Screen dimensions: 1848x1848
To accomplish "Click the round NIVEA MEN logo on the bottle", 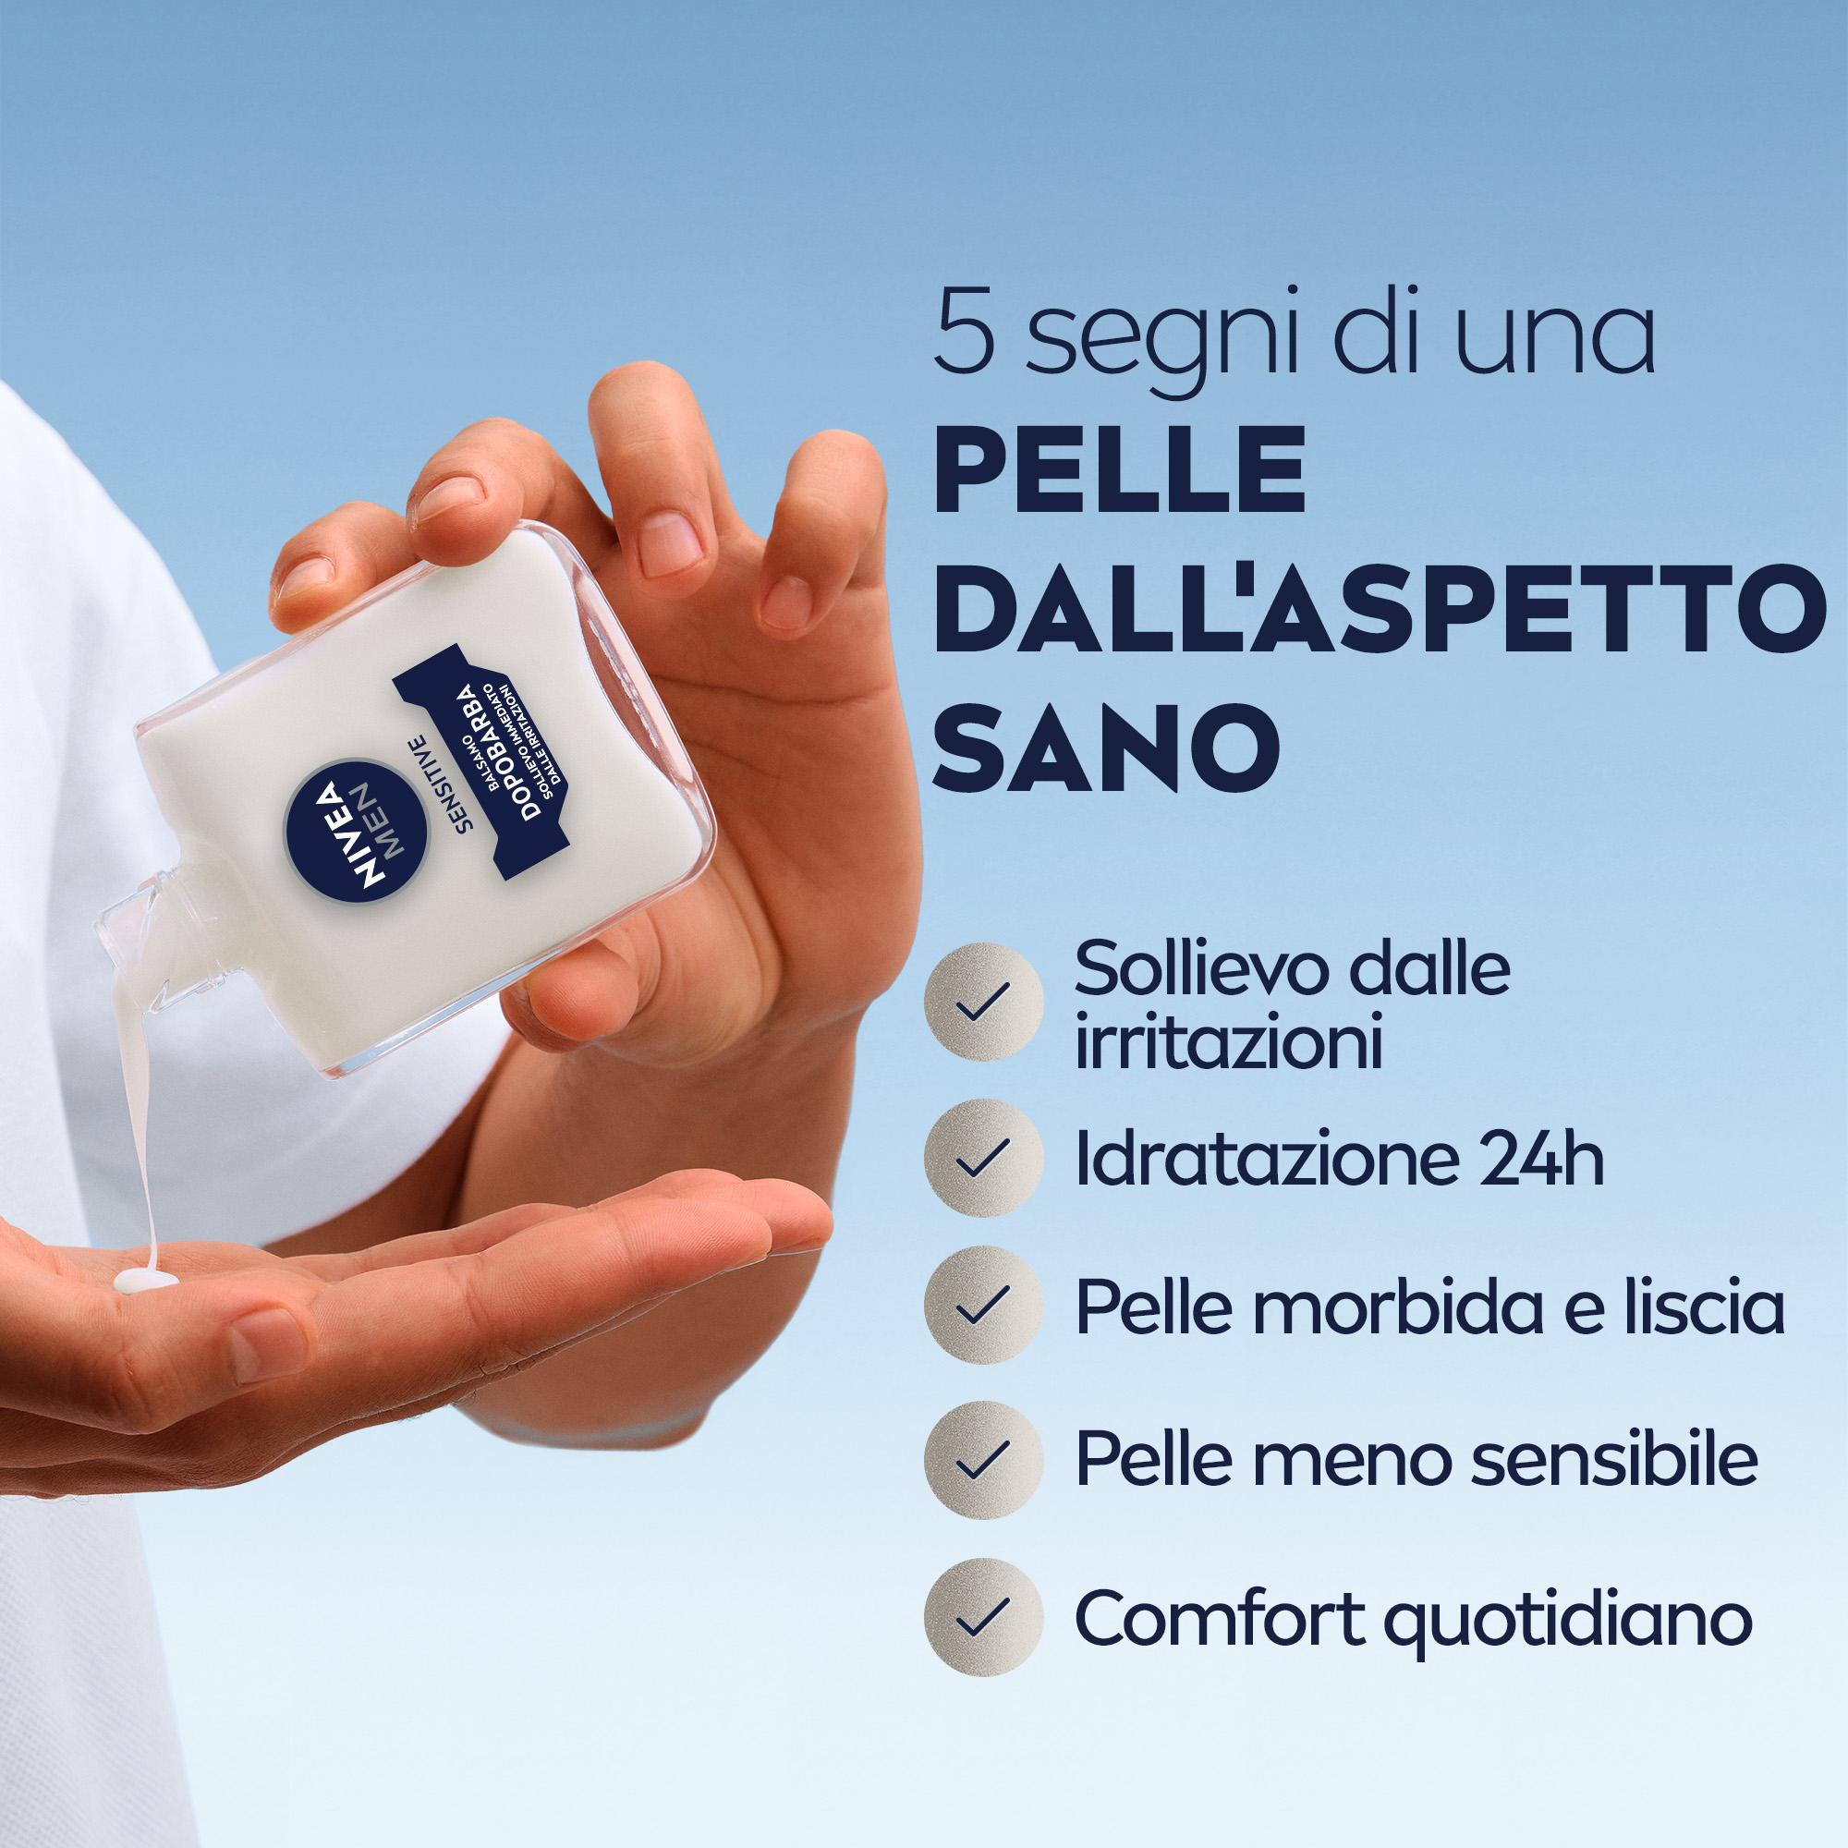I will pyautogui.click(x=357, y=831).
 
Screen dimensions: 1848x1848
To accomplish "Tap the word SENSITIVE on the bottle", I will pyautogui.click(x=441, y=784).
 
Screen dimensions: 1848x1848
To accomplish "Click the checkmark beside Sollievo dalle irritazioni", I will pyautogui.click(x=983, y=1002).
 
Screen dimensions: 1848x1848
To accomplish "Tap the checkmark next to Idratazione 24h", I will pyautogui.click(x=983, y=1158).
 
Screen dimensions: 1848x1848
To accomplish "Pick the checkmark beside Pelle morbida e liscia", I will pyautogui.click(x=983, y=1305).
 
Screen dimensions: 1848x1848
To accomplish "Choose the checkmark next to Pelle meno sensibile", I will pyautogui.click(x=983, y=1460).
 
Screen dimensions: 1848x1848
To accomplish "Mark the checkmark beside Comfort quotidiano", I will pyautogui.click(x=983, y=1616).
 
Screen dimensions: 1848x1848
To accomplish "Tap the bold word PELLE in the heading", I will pyautogui.click(x=1119, y=471).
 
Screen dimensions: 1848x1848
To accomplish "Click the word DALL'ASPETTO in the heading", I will pyautogui.click(x=1379, y=610).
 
